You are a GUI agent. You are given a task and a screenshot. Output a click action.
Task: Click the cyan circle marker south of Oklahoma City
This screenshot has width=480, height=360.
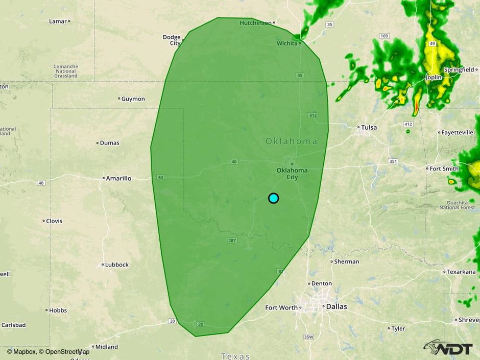click(x=274, y=198)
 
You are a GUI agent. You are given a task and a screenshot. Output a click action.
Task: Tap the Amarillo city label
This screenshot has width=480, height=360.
click(x=118, y=178)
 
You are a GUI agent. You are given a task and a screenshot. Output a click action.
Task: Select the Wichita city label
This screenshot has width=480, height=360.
click(x=287, y=43)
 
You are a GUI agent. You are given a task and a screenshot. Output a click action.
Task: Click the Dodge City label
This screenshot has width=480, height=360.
click(x=172, y=40)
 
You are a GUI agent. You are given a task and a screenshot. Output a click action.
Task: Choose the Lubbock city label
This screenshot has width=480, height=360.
click(x=117, y=265)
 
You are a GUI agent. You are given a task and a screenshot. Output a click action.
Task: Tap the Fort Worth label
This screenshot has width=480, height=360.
click(x=281, y=307)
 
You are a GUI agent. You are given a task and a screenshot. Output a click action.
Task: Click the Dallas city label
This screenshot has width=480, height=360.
click(x=336, y=307)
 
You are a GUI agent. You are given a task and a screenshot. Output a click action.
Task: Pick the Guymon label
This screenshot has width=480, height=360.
click(x=133, y=99)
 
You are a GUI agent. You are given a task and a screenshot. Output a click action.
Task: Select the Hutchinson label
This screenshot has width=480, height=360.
click(x=256, y=22)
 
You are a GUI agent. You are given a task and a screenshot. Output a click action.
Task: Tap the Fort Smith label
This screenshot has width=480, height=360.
click(x=444, y=168)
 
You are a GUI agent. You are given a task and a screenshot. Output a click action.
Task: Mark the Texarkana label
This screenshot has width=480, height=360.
click(x=462, y=272)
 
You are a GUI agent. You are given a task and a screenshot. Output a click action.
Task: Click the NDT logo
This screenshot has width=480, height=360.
click(x=448, y=348)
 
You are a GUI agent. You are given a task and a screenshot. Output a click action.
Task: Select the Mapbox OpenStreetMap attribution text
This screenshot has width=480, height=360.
click(x=49, y=351)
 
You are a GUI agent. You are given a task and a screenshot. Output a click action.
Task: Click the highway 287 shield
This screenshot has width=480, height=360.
click(x=231, y=240)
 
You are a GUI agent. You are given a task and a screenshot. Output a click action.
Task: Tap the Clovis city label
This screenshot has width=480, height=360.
click(x=54, y=221)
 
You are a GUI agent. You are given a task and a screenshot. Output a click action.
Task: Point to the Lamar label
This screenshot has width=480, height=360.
click(x=58, y=21)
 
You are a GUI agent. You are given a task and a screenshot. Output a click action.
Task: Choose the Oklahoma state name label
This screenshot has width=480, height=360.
click(x=291, y=141)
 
